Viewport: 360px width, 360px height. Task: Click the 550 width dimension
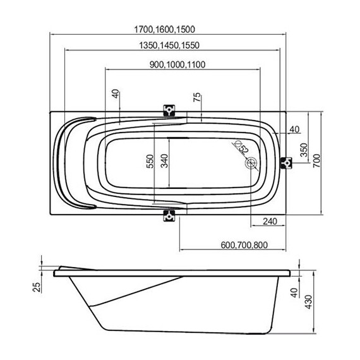[x=150, y=162]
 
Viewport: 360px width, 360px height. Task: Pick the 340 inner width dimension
[x=164, y=162]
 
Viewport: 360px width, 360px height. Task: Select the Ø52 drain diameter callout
[x=240, y=149]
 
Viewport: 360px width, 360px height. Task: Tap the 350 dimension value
[x=304, y=150]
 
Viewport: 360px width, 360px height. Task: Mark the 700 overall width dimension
[x=323, y=162]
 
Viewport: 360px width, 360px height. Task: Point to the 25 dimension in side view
[x=37, y=287]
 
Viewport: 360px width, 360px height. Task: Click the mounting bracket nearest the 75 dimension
[x=169, y=110]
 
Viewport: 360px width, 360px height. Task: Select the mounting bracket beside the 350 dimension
[x=287, y=163]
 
